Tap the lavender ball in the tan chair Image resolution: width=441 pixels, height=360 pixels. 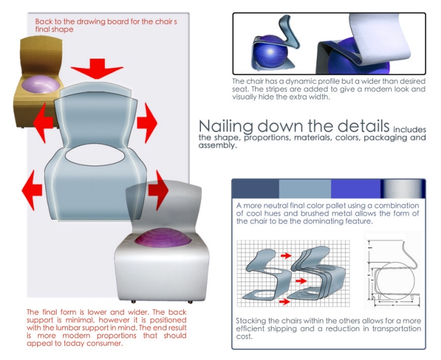[x=41, y=83]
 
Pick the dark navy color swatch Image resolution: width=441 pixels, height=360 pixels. [x=256, y=189]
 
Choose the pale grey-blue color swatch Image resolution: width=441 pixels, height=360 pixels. [x=305, y=189]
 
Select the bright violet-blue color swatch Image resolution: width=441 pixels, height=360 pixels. [x=356, y=189]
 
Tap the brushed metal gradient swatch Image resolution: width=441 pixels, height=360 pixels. [x=403, y=189]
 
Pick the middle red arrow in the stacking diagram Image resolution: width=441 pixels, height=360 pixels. [x=301, y=281]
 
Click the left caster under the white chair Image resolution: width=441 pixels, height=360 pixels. [x=134, y=301]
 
